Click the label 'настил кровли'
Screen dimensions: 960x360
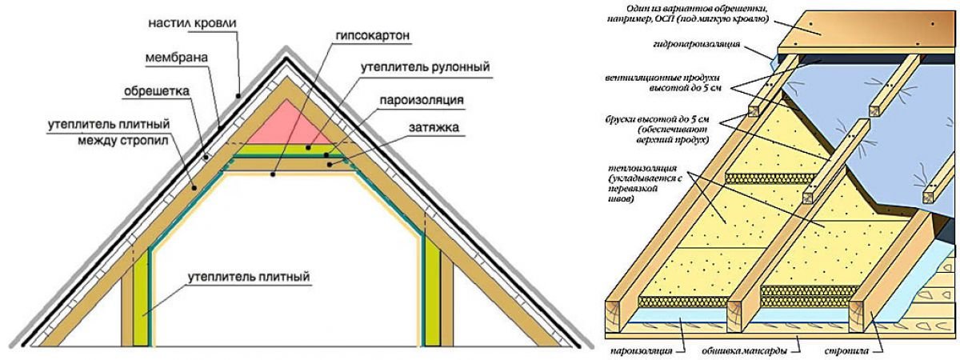193,23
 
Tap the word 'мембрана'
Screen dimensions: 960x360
177,58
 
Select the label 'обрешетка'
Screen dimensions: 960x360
157,92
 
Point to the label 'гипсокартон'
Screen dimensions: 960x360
373,37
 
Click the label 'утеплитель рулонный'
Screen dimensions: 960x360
425,68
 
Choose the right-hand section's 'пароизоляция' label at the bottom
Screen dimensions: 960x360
642,351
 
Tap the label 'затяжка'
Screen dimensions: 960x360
434,127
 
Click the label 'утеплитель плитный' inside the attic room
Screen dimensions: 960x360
249,277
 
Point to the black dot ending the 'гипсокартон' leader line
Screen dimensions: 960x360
273,174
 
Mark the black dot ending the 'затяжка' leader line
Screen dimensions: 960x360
329,164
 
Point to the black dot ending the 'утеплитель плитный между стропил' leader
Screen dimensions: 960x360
194,188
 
